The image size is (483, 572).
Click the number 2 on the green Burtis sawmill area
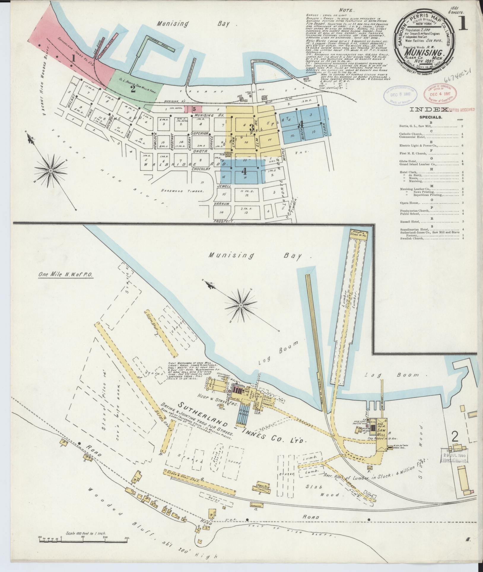click(133, 89)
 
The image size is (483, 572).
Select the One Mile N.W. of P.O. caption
click(66, 275)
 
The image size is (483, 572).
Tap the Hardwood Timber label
click(182, 191)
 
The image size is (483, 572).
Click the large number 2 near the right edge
click(455, 437)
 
